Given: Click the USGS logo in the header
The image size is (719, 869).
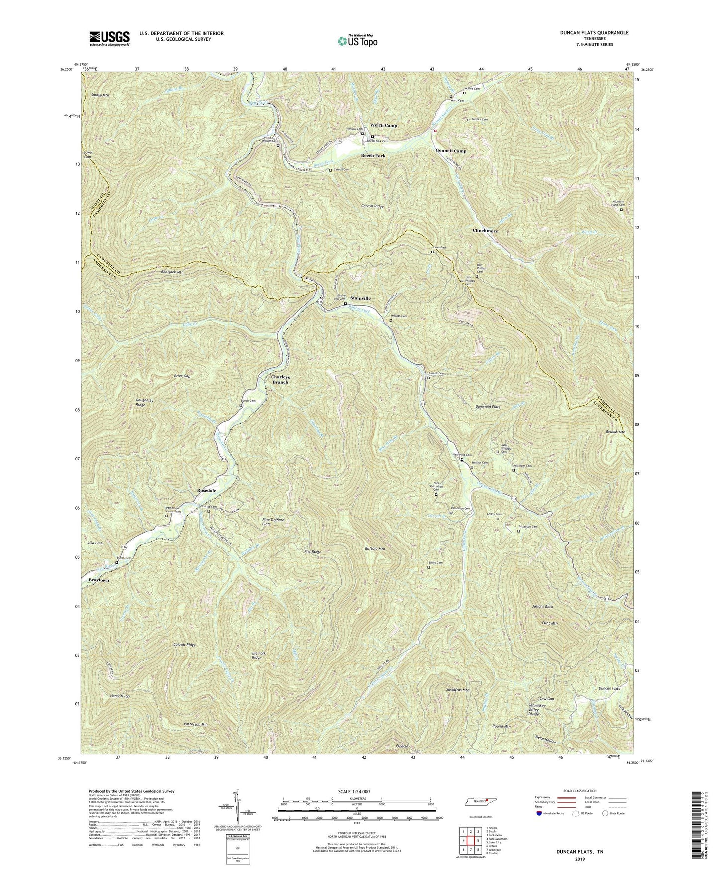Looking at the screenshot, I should click(109, 37).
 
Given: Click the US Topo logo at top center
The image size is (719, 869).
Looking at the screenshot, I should click(357, 41).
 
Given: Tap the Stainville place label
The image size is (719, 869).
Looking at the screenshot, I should click(360, 298).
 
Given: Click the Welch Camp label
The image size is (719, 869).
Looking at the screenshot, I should click(383, 125).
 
